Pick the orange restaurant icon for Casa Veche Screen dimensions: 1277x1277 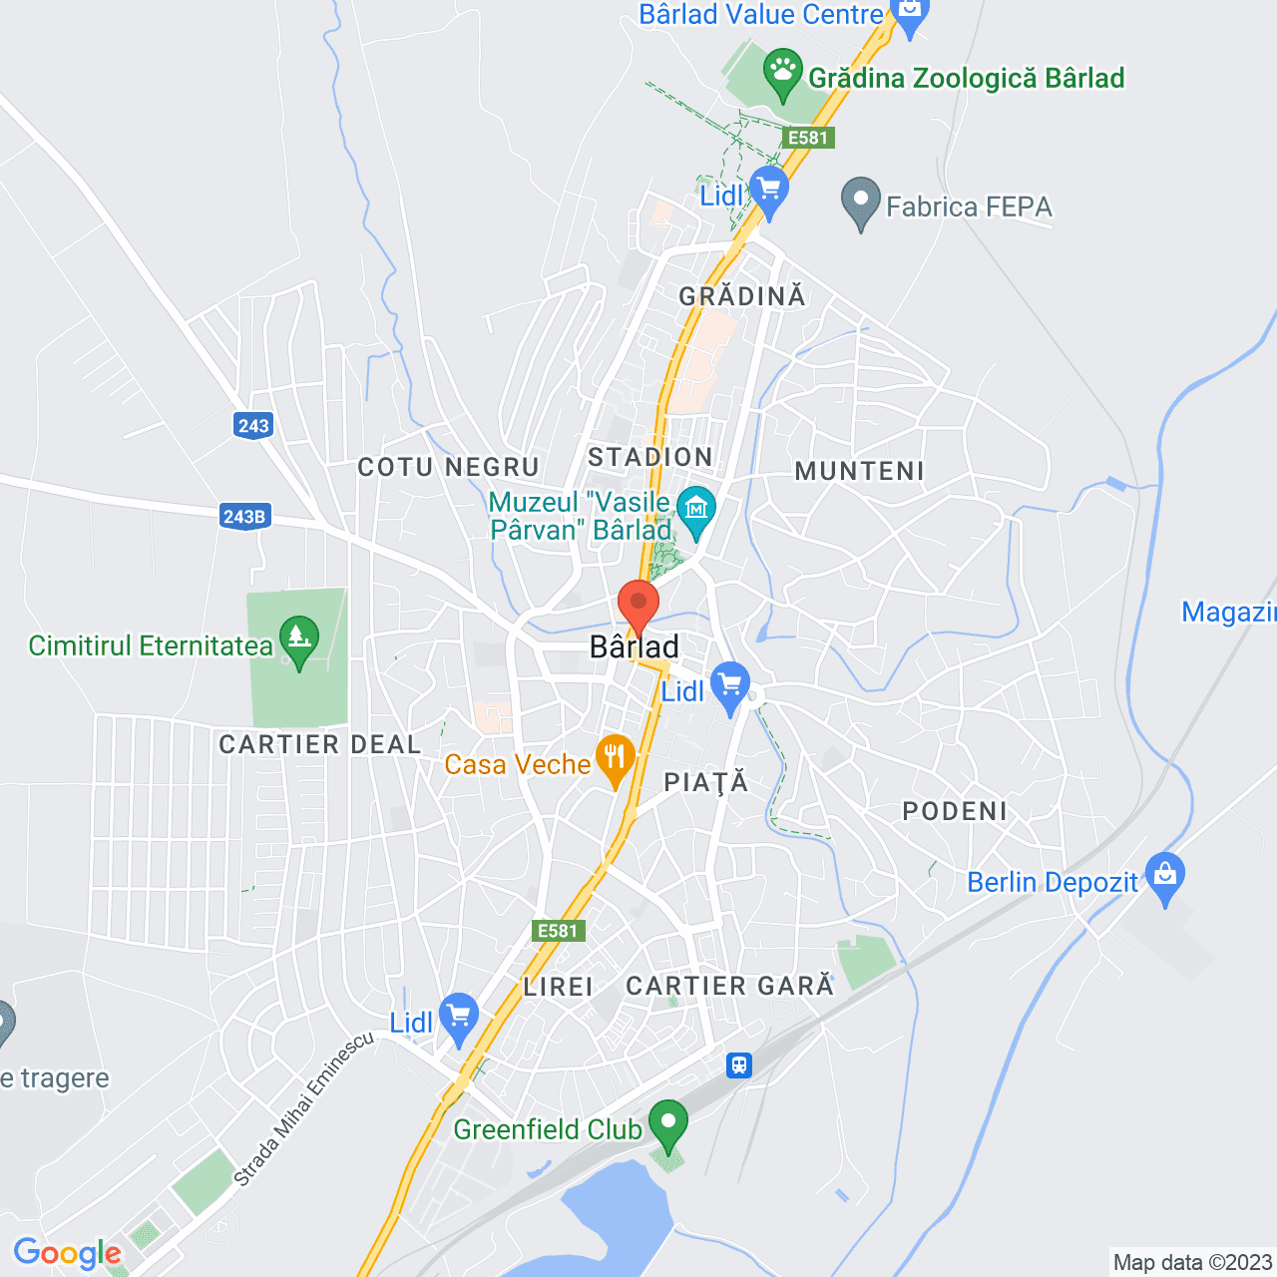point(615,758)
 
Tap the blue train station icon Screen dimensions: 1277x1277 point(738,1064)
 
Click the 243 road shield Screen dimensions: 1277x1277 point(253,426)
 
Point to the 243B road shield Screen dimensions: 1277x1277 point(244,516)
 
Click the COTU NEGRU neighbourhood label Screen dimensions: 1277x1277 point(448,467)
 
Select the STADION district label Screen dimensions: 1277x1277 point(650,457)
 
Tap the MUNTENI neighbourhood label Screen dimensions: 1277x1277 point(859,471)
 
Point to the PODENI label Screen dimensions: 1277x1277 point(955,811)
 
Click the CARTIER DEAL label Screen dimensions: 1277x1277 point(319,744)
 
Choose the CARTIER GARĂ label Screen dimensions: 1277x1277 point(729,986)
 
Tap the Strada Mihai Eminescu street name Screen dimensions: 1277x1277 point(304,1108)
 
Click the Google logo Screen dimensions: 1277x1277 point(67,1253)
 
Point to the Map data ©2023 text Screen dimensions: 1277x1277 point(1192,1262)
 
